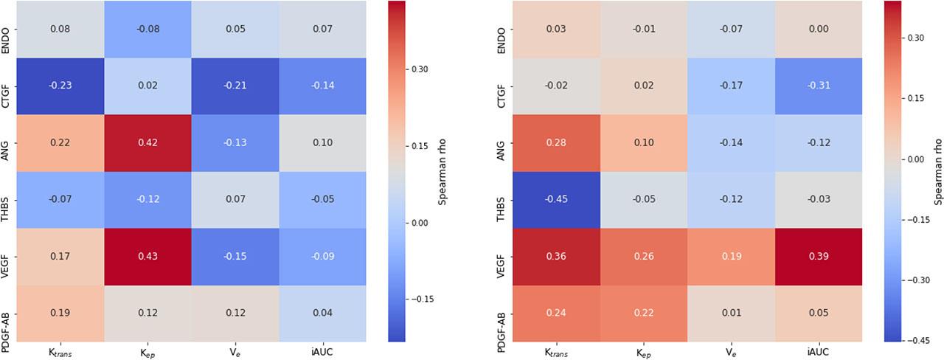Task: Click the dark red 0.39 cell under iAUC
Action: (819, 257)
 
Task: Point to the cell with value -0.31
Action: (819, 86)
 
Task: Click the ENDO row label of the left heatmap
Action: (5, 29)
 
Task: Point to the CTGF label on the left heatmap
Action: (5, 86)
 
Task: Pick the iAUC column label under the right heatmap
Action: (819, 353)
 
